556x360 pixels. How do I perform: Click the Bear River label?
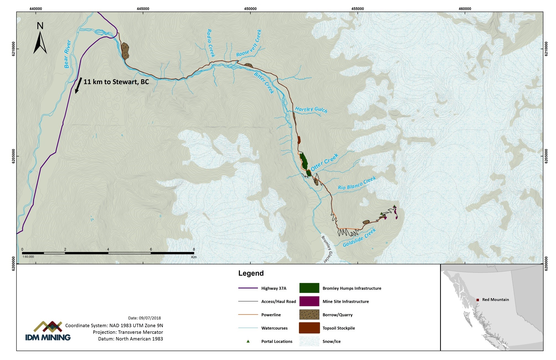[67, 54]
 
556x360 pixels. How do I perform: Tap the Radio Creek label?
[211, 43]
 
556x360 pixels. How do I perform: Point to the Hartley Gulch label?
[311, 110]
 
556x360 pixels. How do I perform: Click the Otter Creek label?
[324, 162]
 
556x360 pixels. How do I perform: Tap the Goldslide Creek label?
[359, 238]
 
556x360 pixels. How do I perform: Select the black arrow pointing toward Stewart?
[78, 85]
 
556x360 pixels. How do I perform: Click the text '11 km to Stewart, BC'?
[116, 82]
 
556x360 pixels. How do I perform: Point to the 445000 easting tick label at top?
[143, 9]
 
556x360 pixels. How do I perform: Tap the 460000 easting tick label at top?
[465, 9]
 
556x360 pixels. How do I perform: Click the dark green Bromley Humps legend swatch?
[309, 288]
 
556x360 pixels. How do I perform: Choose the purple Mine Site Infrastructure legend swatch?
[309, 301]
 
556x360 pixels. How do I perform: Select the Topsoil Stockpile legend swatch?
[309, 328]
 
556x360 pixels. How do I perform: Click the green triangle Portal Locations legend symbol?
[248, 341]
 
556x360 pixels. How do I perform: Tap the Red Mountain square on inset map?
[478, 300]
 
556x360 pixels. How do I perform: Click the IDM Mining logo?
[48, 331]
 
